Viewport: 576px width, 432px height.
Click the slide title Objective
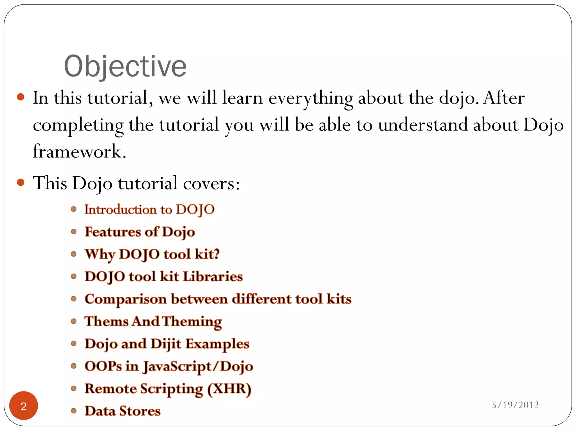(125, 66)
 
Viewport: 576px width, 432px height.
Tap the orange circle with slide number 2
(24, 406)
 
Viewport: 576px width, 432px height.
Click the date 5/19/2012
(515, 405)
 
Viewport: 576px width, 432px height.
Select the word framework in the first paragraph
(79, 152)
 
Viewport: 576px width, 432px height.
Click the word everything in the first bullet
(310, 98)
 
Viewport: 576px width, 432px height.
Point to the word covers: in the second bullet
(211, 183)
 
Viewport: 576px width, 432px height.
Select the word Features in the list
(113, 232)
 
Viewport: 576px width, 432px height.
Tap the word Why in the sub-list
(100, 255)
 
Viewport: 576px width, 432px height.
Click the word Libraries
(213, 277)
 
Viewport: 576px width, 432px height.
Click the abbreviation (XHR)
(229, 389)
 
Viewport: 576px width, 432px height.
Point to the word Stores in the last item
(140, 411)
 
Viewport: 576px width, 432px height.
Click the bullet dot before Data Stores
(74, 411)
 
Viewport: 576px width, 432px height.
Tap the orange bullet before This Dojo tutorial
(21, 183)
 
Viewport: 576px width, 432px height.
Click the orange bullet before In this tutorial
(21, 97)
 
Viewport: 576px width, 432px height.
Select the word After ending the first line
(504, 98)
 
